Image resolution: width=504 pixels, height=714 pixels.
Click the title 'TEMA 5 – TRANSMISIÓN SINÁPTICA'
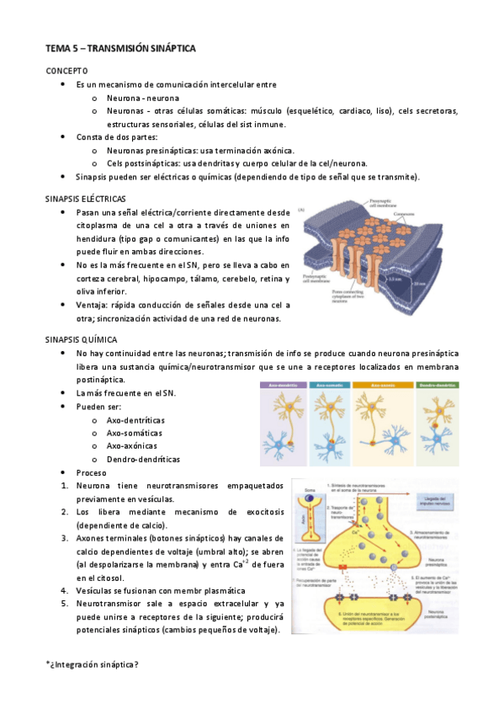click(x=120, y=50)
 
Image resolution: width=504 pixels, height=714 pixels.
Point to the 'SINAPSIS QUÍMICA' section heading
click(x=82, y=339)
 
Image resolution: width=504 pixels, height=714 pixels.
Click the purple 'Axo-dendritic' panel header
click(x=284, y=386)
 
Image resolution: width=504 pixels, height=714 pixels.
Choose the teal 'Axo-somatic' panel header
click(x=329, y=386)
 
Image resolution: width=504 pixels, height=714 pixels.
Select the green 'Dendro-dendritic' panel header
click(x=435, y=386)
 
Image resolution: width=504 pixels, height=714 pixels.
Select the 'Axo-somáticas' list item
click(x=136, y=431)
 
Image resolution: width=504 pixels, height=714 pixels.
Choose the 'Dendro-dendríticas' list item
click(x=143, y=459)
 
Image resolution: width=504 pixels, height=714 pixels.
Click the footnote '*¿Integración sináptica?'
click(x=92, y=664)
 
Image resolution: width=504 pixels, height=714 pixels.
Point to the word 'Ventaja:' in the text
click(x=92, y=305)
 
